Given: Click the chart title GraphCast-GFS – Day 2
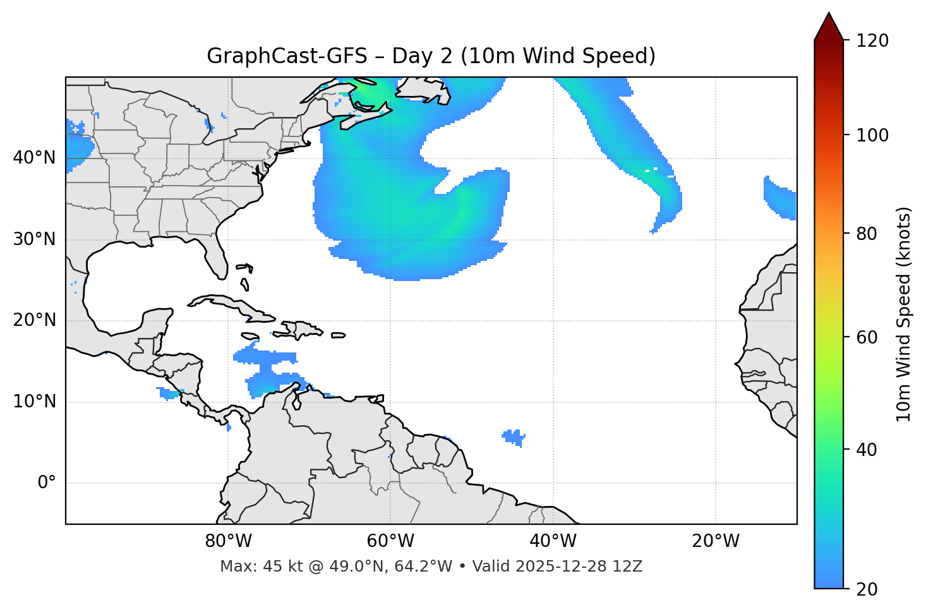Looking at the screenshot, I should click(431, 56).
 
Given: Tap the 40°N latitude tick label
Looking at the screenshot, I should click(34, 158).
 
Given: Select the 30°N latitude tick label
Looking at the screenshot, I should click(34, 239).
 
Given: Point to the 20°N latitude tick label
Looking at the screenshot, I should click(34, 320).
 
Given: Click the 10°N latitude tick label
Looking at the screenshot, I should click(34, 402).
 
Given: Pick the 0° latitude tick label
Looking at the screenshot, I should click(47, 483).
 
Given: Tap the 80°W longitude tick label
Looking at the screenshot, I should click(228, 541).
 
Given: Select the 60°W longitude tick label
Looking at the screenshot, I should click(390, 541).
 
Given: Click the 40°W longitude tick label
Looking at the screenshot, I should click(553, 541).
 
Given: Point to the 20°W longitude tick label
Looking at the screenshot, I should click(716, 541).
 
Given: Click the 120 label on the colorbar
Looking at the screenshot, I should click(872, 41).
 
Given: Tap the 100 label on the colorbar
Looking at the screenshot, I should click(872, 135).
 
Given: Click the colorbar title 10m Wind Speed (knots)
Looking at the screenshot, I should click(904, 314).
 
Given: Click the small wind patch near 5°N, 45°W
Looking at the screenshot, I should click(514, 436).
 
